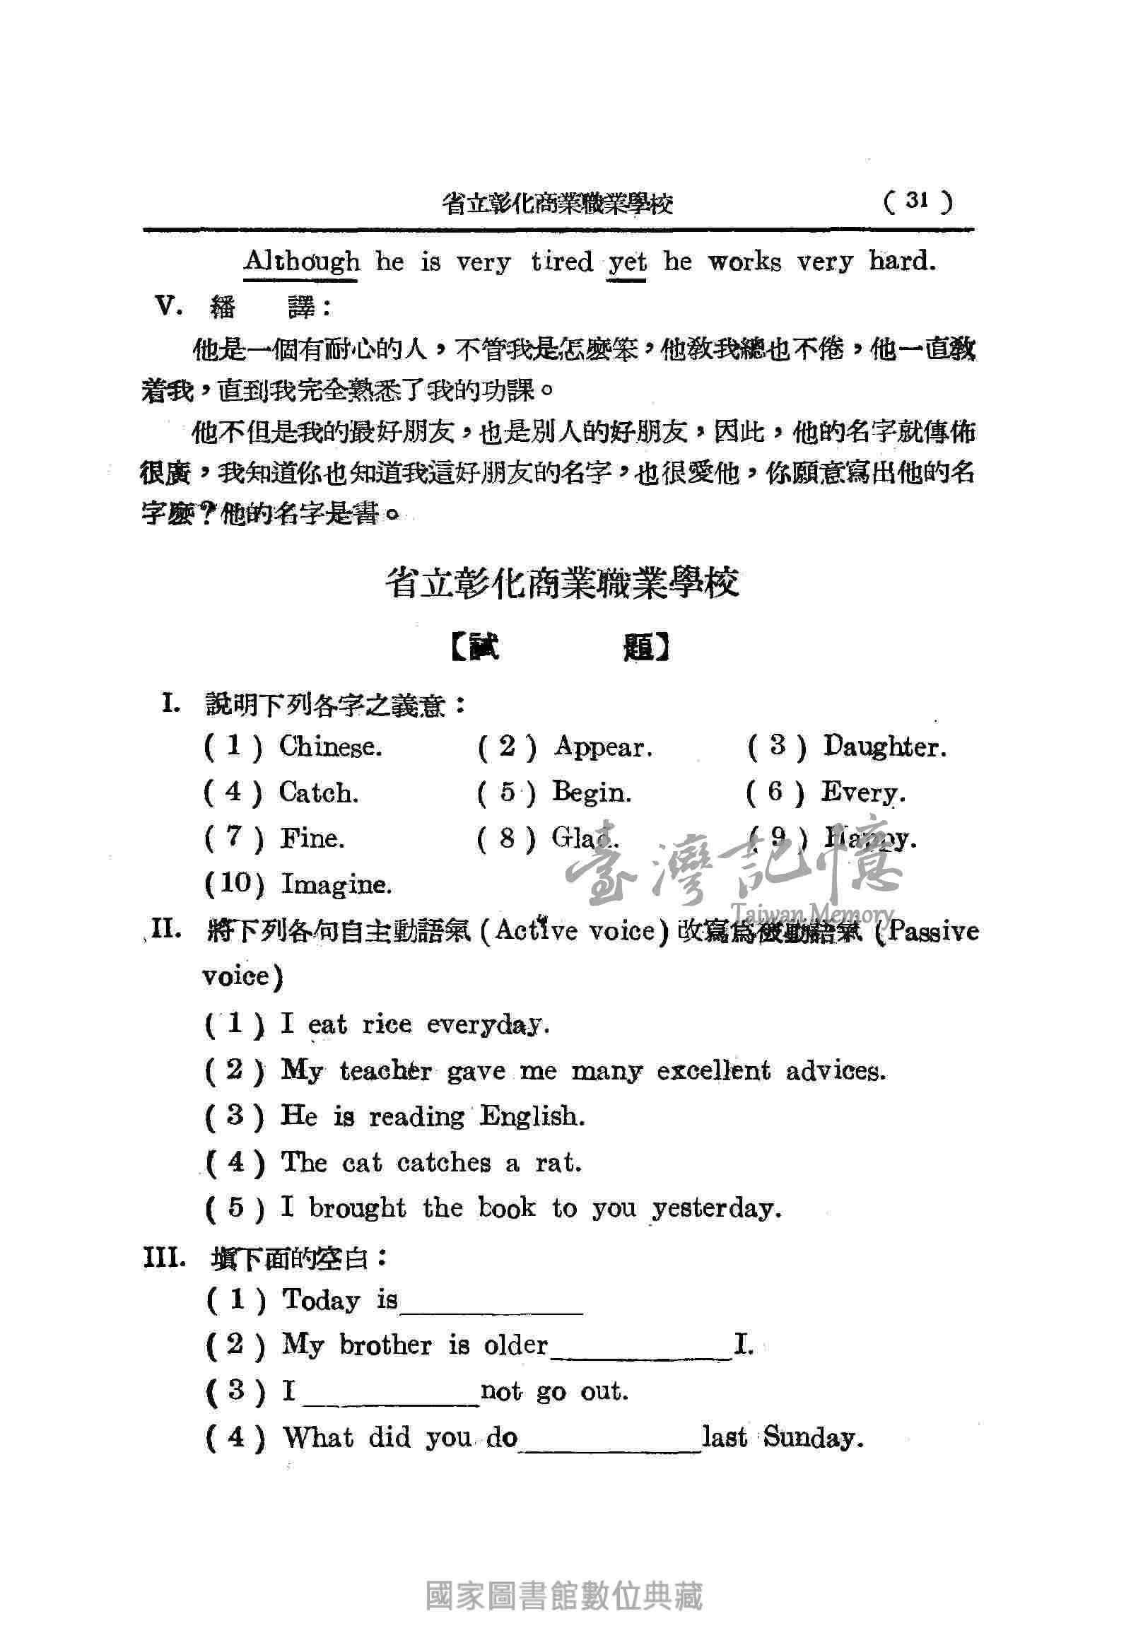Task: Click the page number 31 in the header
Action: (916, 201)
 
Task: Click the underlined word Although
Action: (301, 262)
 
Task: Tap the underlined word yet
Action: (627, 263)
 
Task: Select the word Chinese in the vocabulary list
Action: (330, 747)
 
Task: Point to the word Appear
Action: (603, 747)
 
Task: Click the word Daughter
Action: (884, 747)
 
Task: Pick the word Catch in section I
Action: (319, 792)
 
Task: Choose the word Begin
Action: (592, 792)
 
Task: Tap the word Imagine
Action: (336, 884)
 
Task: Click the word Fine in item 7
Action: (312, 838)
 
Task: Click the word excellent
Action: (713, 1071)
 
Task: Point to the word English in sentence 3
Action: (532, 1117)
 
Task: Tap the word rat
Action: (558, 1163)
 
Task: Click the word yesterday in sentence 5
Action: (717, 1209)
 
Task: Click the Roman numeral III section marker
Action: (164, 1258)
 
